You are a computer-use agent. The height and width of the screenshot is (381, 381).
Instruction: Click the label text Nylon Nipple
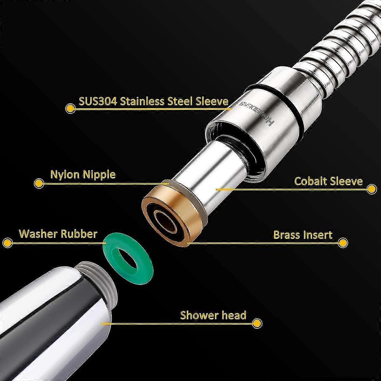pos(83,175)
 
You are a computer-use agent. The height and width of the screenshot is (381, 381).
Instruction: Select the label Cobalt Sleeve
pos(329,181)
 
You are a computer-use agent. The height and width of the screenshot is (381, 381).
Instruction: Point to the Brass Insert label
pos(303,235)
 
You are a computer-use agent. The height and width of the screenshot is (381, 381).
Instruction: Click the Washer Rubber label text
pos(58,233)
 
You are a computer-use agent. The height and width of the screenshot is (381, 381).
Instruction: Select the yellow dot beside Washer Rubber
pos(7,242)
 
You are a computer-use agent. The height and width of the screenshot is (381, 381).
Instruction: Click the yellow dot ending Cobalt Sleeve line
pos(372,189)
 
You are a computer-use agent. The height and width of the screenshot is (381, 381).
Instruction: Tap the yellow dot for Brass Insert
pos(343,242)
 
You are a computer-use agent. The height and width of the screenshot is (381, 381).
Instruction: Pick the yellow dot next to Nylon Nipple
pos(39,184)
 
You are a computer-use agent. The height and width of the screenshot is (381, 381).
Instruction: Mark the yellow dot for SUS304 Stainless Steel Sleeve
pos(70,108)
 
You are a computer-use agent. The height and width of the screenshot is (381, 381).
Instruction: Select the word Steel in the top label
pos(180,101)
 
